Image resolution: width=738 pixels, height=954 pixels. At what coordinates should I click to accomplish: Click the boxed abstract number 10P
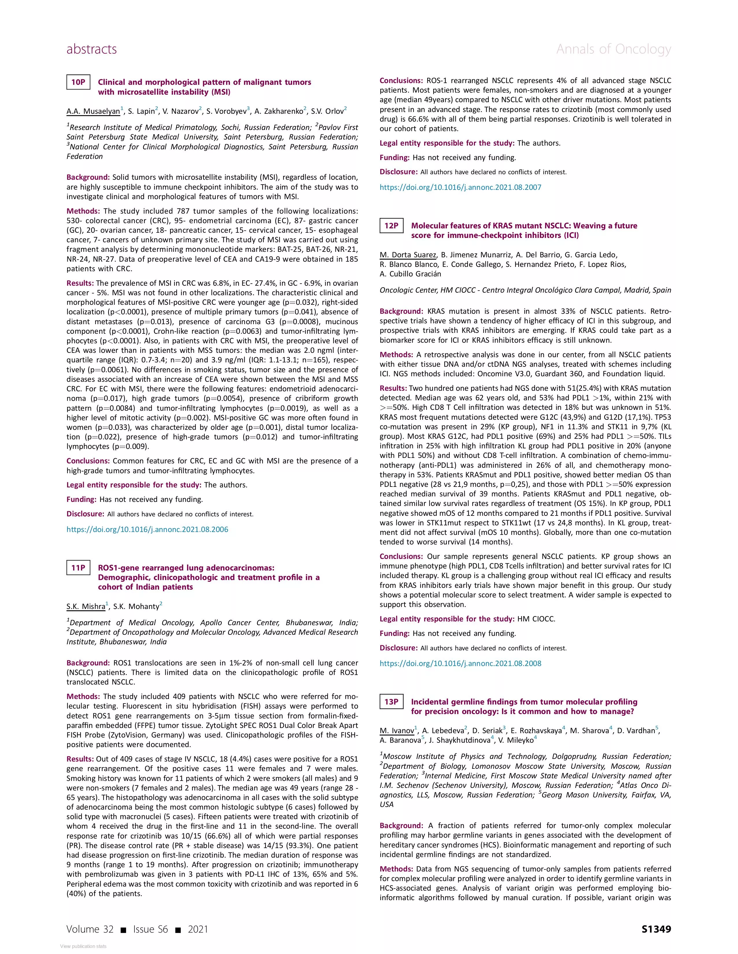[78, 82]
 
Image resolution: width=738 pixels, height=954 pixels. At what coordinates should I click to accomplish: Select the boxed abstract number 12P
[392, 225]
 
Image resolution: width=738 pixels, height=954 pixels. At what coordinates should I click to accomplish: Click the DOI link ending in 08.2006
[147, 529]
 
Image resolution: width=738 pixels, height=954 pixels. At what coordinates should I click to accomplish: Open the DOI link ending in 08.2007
[460, 187]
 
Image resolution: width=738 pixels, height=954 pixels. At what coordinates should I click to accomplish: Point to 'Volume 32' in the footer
[90, 929]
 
